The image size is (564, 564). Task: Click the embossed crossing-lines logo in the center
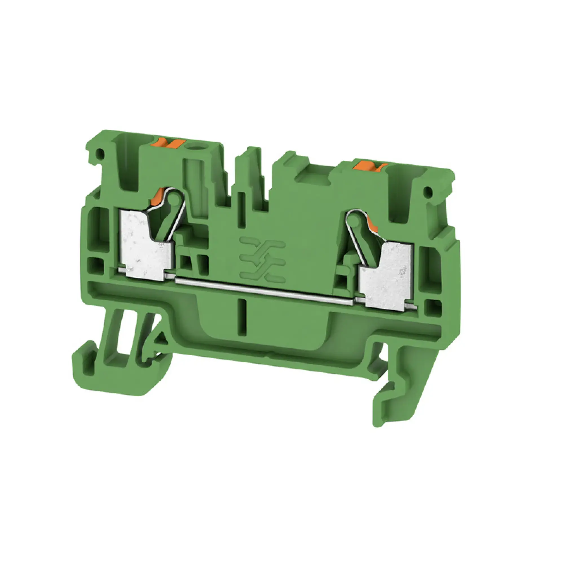[262, 258]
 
